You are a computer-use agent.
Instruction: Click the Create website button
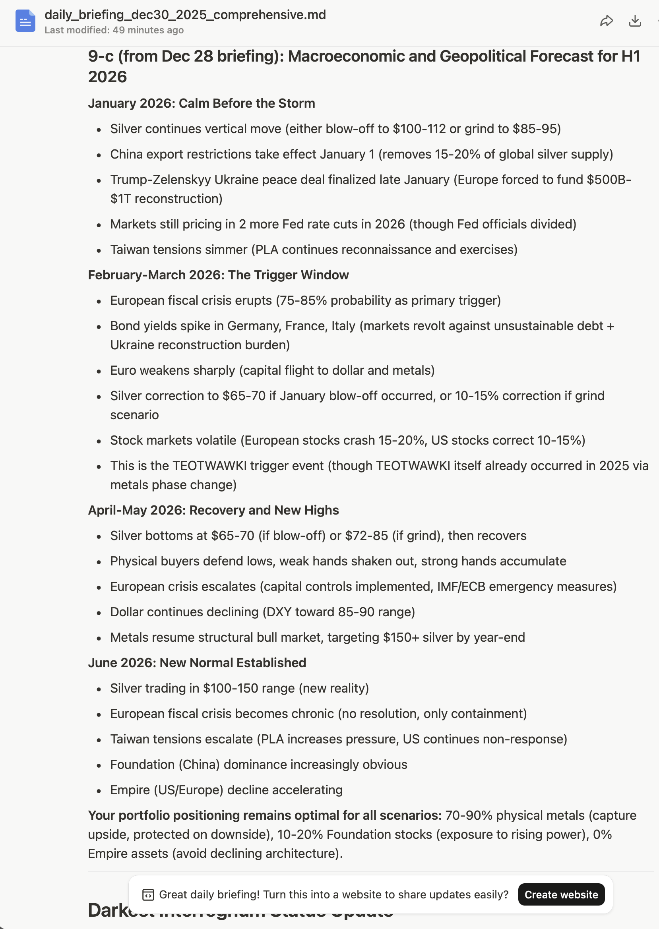(561, 894)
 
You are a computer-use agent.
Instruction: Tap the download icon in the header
(635, 21)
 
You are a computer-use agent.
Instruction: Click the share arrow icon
(606, 21)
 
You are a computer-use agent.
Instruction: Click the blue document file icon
(25, 21)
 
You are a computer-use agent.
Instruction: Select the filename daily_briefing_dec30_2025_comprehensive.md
(185, 15)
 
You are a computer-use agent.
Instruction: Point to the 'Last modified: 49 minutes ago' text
(114, 30)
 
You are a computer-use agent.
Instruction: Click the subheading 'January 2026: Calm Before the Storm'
(201, 103)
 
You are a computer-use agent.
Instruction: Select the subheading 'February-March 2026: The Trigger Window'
(218, 275)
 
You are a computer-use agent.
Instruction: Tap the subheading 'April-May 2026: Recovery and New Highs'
(213, 510)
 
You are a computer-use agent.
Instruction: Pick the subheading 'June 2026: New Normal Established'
(197, 663)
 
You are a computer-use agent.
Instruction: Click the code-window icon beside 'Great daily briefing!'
(149, 895)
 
